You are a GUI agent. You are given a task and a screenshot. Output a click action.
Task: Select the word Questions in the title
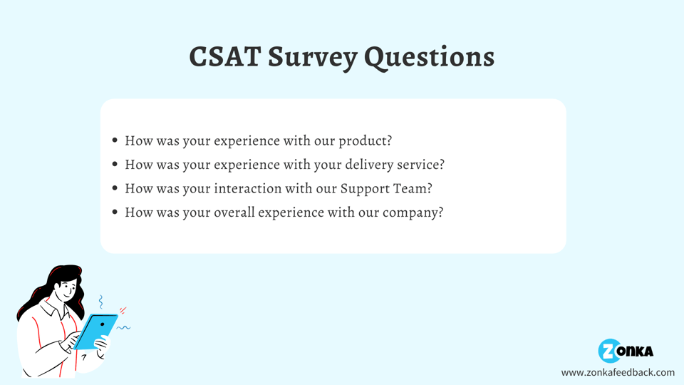(430, 58)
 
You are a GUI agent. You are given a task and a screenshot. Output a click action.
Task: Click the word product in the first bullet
(366, 141)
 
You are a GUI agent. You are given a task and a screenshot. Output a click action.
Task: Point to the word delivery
(369, 165)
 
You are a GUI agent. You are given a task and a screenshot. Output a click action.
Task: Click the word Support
(365, 189)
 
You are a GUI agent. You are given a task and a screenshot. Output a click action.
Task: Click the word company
(413, 213)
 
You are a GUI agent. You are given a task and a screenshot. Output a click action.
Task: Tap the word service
(420, 165)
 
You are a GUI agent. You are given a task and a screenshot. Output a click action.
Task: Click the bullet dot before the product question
(115, 140)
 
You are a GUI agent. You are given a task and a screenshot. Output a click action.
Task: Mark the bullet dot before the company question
(115, 212)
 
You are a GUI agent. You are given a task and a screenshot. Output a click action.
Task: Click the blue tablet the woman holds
(96, 331)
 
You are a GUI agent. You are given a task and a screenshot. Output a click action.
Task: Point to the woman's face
(66, 289)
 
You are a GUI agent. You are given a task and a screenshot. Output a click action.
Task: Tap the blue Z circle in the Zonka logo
(609, 351)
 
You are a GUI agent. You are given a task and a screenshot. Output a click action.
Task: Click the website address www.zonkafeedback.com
(618, 372)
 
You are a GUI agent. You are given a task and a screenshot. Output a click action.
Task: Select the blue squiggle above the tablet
(100, 302)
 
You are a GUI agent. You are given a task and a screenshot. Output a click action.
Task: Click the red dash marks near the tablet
(123, 310)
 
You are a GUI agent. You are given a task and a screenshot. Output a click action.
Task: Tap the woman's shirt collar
(55, 308)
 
